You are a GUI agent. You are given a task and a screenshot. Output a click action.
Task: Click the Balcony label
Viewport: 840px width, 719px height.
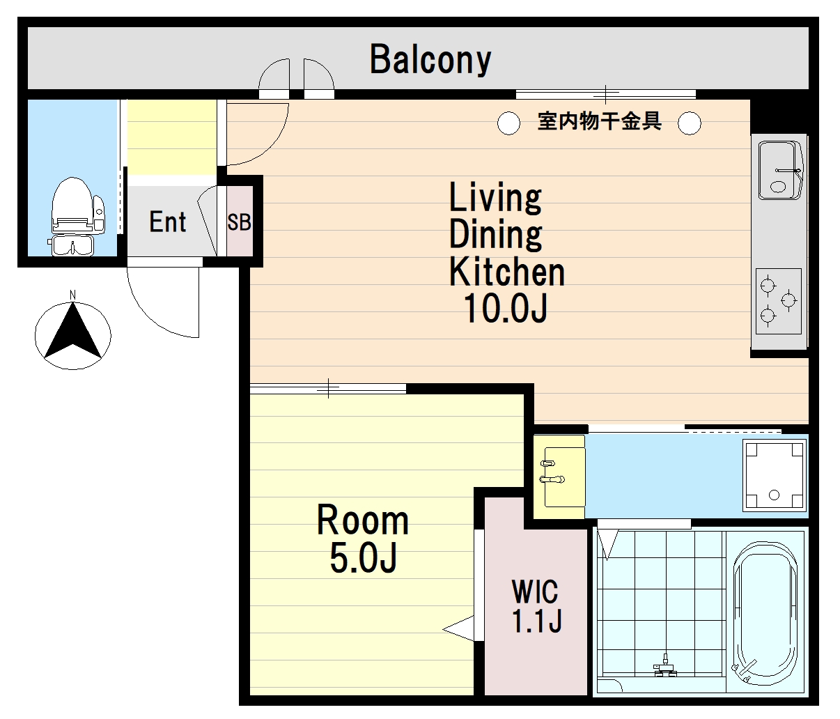430,60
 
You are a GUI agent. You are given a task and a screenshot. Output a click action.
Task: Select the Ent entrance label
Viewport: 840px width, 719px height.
167,222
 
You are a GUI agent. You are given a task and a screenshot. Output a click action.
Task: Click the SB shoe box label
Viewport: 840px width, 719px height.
239,222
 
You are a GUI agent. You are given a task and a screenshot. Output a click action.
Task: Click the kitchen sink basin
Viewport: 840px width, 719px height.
780,170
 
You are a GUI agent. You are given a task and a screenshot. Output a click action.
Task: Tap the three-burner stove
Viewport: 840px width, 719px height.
779,301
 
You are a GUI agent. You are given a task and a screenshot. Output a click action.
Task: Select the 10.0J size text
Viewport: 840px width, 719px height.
505,308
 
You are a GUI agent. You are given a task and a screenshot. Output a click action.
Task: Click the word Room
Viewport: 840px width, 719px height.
362,520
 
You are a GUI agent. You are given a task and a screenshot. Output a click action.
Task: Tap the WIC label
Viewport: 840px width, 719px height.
535,592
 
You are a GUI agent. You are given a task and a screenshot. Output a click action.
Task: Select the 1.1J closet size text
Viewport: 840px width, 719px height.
536,621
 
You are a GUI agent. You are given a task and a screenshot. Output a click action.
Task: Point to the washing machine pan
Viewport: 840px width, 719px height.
774,475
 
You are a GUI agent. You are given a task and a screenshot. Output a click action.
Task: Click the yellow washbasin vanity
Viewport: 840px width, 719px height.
559,477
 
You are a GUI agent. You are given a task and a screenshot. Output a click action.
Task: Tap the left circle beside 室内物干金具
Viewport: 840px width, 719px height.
508,123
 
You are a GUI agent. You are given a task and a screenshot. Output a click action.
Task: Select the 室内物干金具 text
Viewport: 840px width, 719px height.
599,121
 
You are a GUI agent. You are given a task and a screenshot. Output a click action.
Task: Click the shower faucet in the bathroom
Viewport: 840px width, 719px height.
665,670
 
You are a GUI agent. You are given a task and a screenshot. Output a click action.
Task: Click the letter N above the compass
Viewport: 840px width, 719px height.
72,295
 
